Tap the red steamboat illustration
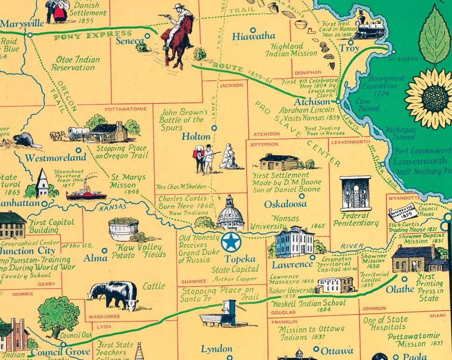(x=86, y=191)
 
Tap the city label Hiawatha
(x=253, y=36)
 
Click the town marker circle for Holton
(x=214, y=128)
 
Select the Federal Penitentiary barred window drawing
(x=355, y=193)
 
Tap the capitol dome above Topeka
(x=230, y=213)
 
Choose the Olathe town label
(x=400, y=289)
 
